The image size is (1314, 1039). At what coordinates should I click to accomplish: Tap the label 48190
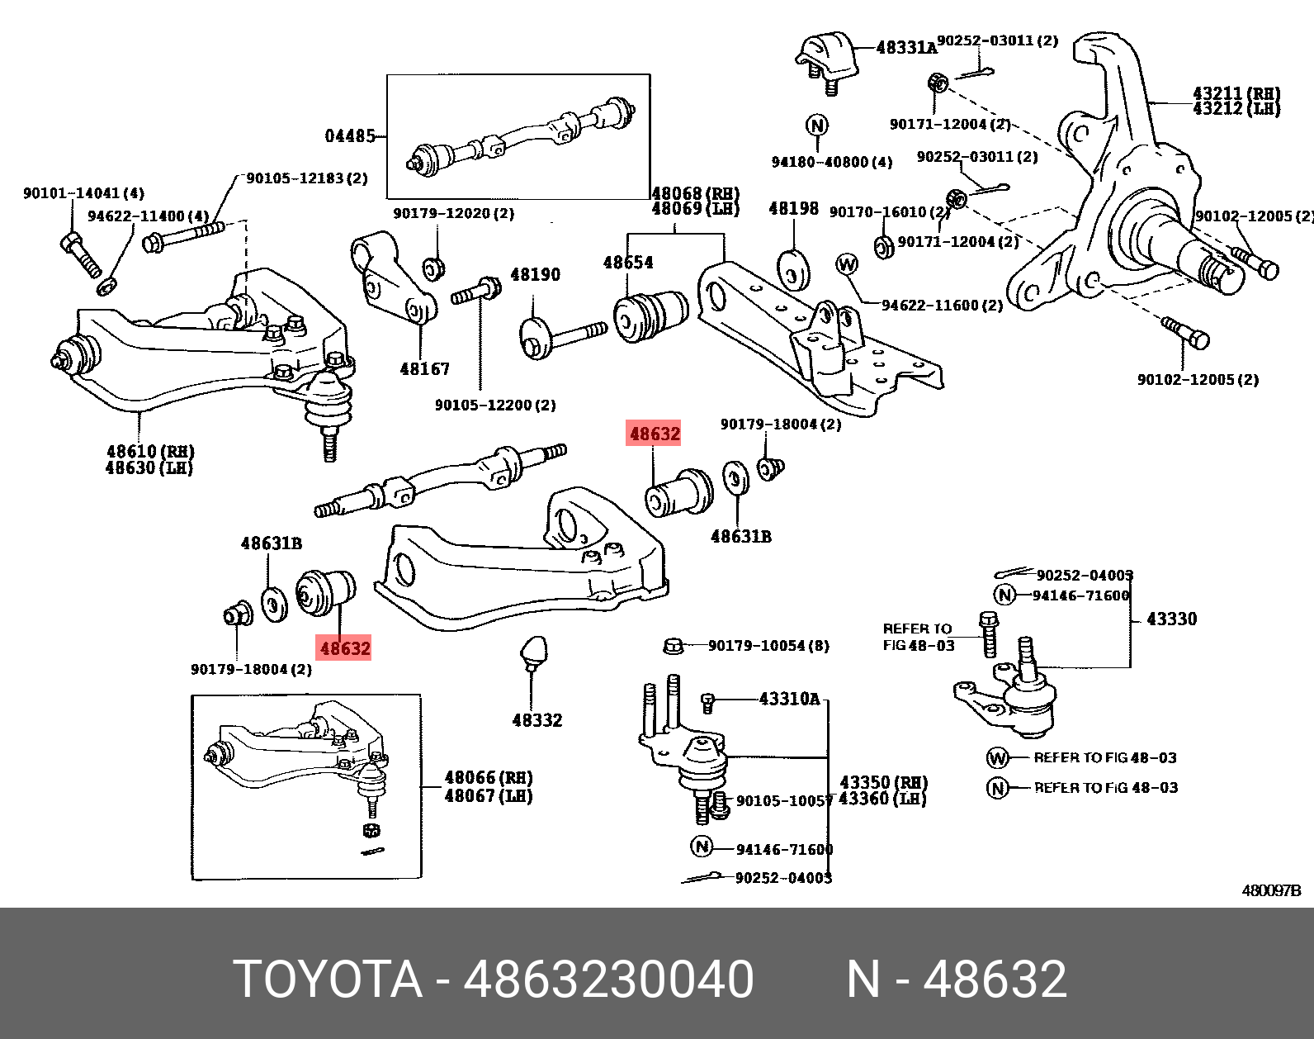click(535, 274)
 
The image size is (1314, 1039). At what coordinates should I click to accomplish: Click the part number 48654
click(627, 263)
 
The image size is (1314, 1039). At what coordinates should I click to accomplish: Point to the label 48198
click(793, 208)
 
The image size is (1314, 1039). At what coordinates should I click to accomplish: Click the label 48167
click(424, 369)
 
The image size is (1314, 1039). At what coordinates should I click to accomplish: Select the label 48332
click(536, 720)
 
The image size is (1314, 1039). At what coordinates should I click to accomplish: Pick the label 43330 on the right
click(1171, 619)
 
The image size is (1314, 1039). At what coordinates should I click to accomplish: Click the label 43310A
click(789, 700)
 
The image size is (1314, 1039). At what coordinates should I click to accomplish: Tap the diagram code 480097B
click(1271, 891)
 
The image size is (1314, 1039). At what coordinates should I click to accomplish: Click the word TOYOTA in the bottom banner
click(328, 980)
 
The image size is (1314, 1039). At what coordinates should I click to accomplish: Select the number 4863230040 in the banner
click(608, 980)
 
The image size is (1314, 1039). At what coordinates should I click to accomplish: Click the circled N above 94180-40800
click(815, 126)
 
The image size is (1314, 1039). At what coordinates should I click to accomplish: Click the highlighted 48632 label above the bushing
click(655, 434)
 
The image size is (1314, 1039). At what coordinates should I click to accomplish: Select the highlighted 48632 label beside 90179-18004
click(345, 648)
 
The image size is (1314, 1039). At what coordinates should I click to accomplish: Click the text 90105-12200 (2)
click(495, 406)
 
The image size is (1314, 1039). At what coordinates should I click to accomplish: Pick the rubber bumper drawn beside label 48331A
click(825, 55)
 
